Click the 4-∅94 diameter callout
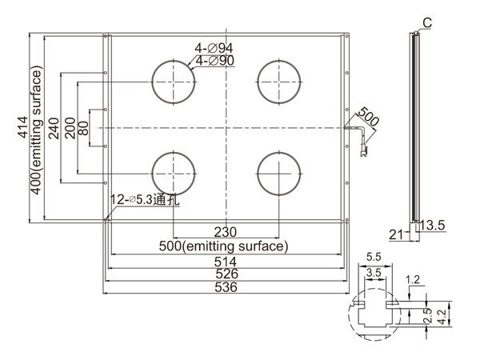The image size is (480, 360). tap(214, 48)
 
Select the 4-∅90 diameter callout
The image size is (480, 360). tap(215, 60)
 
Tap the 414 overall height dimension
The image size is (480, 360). tap(23, 127)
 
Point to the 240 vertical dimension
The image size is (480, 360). tap(54, 128)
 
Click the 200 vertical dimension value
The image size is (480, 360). tap(70, 128)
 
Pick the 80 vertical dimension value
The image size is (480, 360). tap(83, 128)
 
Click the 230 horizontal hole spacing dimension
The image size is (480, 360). tap(226, 232)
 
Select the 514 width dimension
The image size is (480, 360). tap(226, 262)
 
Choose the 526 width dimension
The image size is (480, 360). tap(227, 274)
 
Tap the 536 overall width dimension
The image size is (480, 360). tap(226, 287)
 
